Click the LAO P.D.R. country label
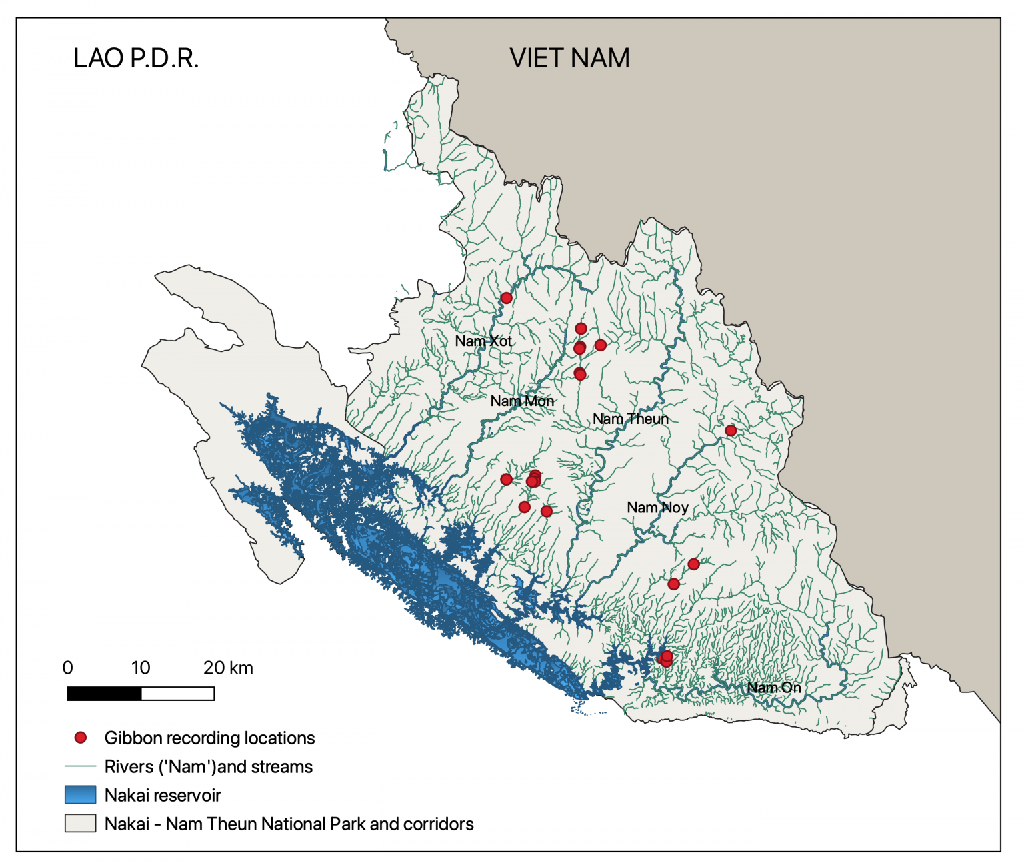click(136, 59)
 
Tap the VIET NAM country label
click(569, 59)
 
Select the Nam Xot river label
click(483, 341)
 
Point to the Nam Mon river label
click(522, 401)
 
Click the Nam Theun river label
click(630, 419)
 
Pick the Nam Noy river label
click(657, 508)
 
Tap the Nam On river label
click(773, 688)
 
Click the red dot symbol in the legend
click(81, 738)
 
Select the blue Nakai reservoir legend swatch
click(81, 795)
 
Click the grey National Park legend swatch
click(81, 824)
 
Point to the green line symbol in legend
click(81, 766)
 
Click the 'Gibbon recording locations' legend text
click(209, 738)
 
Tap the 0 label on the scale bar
click(67, 668)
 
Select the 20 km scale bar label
click(228, 668)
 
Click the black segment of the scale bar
click(105, 694)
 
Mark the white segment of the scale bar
click(177, 694)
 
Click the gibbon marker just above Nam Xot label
click(506, 298)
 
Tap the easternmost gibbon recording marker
click(731, 430)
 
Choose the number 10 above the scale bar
click(141, 668)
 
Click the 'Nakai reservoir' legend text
click(163, 796)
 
